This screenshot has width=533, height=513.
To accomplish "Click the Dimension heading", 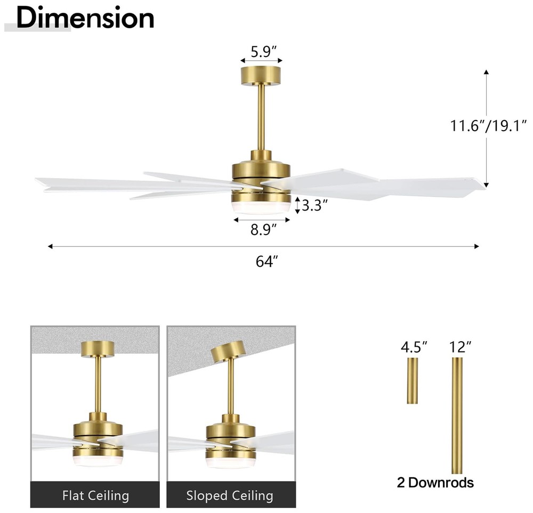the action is pyautogui.click(x=85, y=18).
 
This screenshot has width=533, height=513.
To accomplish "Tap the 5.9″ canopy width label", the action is pyautogui.click(x=264, y=52).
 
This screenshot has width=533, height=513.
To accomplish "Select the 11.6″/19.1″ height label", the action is pyautogui.click(x=488, y=125).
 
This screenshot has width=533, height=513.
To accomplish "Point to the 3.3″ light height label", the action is pyautogui.click(x=315, y=205).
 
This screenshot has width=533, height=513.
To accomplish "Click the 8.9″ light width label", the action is pyautogui.click(x=264, y=230).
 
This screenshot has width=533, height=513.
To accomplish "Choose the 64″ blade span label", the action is pyautogui.click(x=267, y=261).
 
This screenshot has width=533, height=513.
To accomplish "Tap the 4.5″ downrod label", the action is pyautogui.click(x=414, y=347).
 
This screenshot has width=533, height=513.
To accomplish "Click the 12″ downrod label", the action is pyautogui.click(x=461, y=347).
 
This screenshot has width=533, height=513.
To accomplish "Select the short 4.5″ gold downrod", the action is pyautogui.click(x=413, y=381).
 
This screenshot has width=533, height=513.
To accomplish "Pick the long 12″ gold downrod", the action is pyautogui.click(x=457, y=415).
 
